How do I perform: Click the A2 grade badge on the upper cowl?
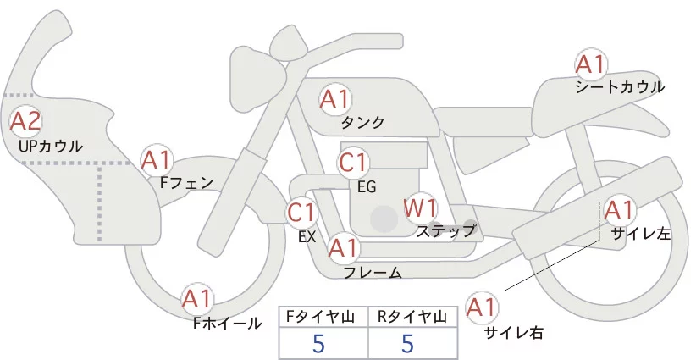pyautogui.click(x=25, y=121)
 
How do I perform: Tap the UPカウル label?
pyautogui.click(x=51, y=147)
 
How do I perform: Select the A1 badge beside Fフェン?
pyautogui.click(x=157, y=158)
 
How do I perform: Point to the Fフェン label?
pyautogui.click(x=186, y=181)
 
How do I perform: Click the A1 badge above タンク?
pyautogui.click(x=334, y=99)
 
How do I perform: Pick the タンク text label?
pyautogui.click(x=362, y=123)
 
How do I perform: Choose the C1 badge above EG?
pyautogui.click(x=353, y=162)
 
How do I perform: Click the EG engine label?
pyautogui.click(x=367, y=186)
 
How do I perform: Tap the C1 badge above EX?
pyautogui.click(x=301, y=212)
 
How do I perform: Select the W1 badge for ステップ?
pyautogui.click(x=419, y=207)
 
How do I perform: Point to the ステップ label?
pyautogui.click(x=445, y=230)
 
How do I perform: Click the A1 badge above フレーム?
pyautogui.click(x=344, y=248)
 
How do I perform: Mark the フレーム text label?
pyautogui.click(x=373, y=272)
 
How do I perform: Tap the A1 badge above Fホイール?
pyautogui.click(x=198, y=298)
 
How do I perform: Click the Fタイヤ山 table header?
pyautogui.click(x=323, y=317)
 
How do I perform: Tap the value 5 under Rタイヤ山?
pyautogui.click(x=408, y=344)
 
